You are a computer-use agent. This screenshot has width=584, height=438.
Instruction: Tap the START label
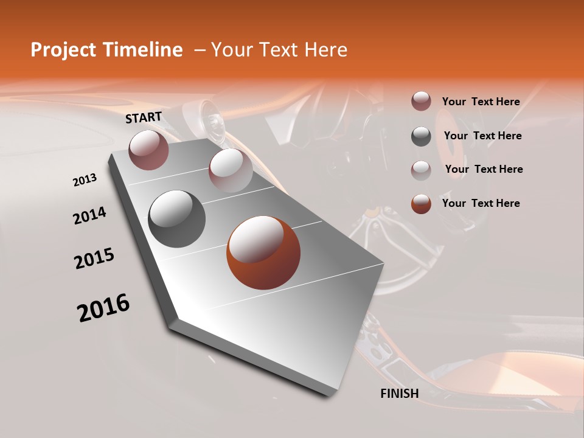click(x=144, y=117)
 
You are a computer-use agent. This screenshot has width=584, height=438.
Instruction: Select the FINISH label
click(x=400, y=394)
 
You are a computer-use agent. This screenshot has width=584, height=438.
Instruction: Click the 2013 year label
click(x=85, y=180)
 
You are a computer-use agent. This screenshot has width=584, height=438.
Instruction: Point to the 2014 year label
click(x=89, y=216)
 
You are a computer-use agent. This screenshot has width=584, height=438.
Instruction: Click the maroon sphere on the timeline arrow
click(x=148, y=150)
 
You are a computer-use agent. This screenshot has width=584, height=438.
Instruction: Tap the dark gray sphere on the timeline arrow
click(x=177, y=219)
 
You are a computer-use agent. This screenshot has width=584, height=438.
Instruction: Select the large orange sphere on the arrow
click(x=263, y=252)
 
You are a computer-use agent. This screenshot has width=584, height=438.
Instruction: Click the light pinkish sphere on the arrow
click(x=231, y=170)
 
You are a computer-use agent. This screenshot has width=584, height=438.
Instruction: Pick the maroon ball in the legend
click(x=421, y=101)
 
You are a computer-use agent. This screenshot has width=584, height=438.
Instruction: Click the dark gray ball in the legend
click(x=421, y=136)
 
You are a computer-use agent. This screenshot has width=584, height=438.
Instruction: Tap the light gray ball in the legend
click(x=421, y=170)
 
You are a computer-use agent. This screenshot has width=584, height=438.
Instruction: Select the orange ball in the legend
click(x=421, y=204)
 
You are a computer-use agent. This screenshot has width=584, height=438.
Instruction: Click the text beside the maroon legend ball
click(x=481, y=102)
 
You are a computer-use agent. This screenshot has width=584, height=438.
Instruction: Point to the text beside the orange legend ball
click(x=481, y=203)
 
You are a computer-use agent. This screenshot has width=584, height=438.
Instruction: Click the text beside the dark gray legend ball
click(x=483, y=136)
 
